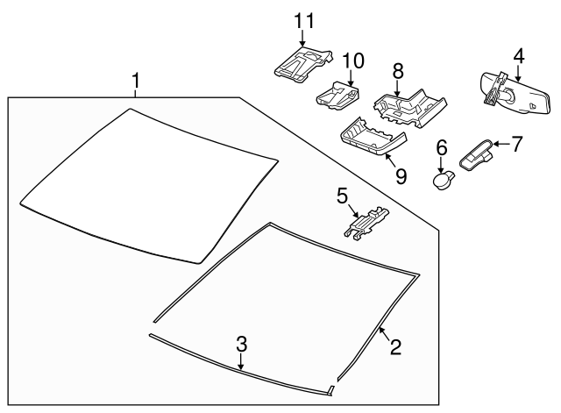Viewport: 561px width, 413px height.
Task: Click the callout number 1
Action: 136,82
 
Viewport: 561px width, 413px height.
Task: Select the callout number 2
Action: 395,348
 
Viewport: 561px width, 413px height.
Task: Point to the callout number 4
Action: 518,56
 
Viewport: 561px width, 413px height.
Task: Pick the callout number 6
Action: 442,147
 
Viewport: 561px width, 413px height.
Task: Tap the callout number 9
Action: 401,176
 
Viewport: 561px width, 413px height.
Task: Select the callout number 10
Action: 352,61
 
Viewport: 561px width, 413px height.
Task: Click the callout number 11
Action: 302,19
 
